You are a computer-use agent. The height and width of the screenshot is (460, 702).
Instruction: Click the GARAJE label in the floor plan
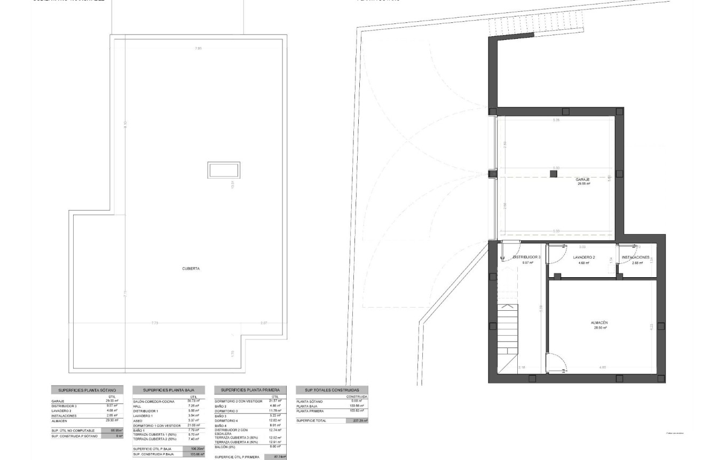click(582, 180)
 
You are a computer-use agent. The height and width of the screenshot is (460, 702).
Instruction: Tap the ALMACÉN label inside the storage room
click(599, 323)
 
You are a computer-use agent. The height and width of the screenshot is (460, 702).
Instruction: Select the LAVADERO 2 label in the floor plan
click(584, 257)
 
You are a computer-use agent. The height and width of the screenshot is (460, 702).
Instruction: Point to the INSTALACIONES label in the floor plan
click(635, 257)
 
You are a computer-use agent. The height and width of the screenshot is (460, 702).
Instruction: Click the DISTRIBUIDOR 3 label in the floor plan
click(526, 257)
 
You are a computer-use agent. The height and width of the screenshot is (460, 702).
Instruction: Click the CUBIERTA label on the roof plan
click(191, 269)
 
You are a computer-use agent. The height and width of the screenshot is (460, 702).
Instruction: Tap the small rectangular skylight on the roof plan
click(224, 171)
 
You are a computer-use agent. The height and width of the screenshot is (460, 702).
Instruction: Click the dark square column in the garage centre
click(554, 174)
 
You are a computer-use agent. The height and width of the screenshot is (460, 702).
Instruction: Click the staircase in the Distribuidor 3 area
click(508, 336)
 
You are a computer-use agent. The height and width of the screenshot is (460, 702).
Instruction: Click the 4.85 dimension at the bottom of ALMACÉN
click(602, 367)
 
